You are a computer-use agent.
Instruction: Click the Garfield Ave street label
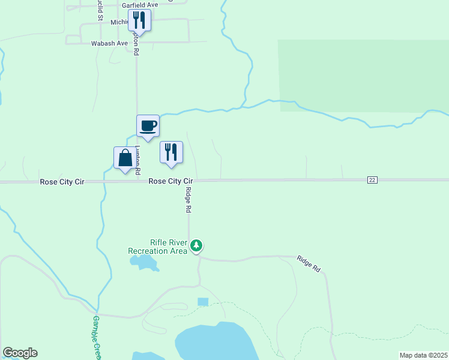(140, 5)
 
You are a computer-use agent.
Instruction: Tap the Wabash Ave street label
(109, 43)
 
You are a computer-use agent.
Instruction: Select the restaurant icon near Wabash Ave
(139, 21)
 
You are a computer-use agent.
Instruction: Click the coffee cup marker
(148, 126)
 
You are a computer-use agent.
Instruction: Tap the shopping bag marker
(125, 158)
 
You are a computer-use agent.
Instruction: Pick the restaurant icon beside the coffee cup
(171, 152)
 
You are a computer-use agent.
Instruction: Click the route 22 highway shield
(372, 180)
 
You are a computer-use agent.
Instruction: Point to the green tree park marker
(196, 245)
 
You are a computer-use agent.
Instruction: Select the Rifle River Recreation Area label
(158, 247)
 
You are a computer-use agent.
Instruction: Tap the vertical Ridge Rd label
(188, 200)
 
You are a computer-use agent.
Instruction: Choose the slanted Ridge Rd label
(308, 264)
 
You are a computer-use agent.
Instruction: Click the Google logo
(20, 353)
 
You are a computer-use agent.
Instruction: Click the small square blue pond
(203, 301)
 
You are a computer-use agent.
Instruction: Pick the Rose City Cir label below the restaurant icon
(170, 181)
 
